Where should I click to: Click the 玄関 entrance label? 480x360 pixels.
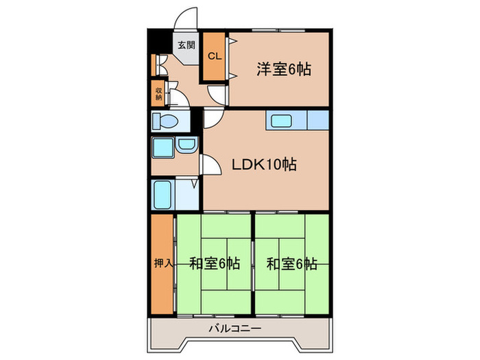click(185, 47)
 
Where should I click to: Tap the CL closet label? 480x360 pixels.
click(214, 56)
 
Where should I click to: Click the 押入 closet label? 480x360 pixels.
click(162, 263)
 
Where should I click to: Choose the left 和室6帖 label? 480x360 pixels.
click(215, 263)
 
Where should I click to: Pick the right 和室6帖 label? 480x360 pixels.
click(292, 263)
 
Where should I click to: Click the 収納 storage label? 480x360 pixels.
click(158, 94)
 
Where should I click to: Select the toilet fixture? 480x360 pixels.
click(165, 121)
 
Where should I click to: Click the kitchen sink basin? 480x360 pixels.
click(284, 121)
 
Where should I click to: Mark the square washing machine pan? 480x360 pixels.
click(163, 147)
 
